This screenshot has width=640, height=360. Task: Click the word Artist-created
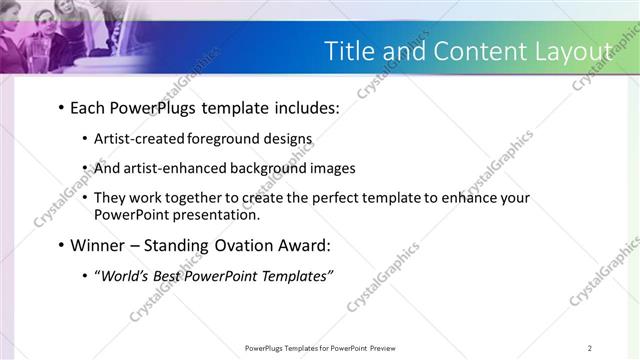coord(137,139)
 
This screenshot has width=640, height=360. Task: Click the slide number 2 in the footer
coord(590,348)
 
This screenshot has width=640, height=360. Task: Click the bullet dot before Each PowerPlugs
coord(61,108)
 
